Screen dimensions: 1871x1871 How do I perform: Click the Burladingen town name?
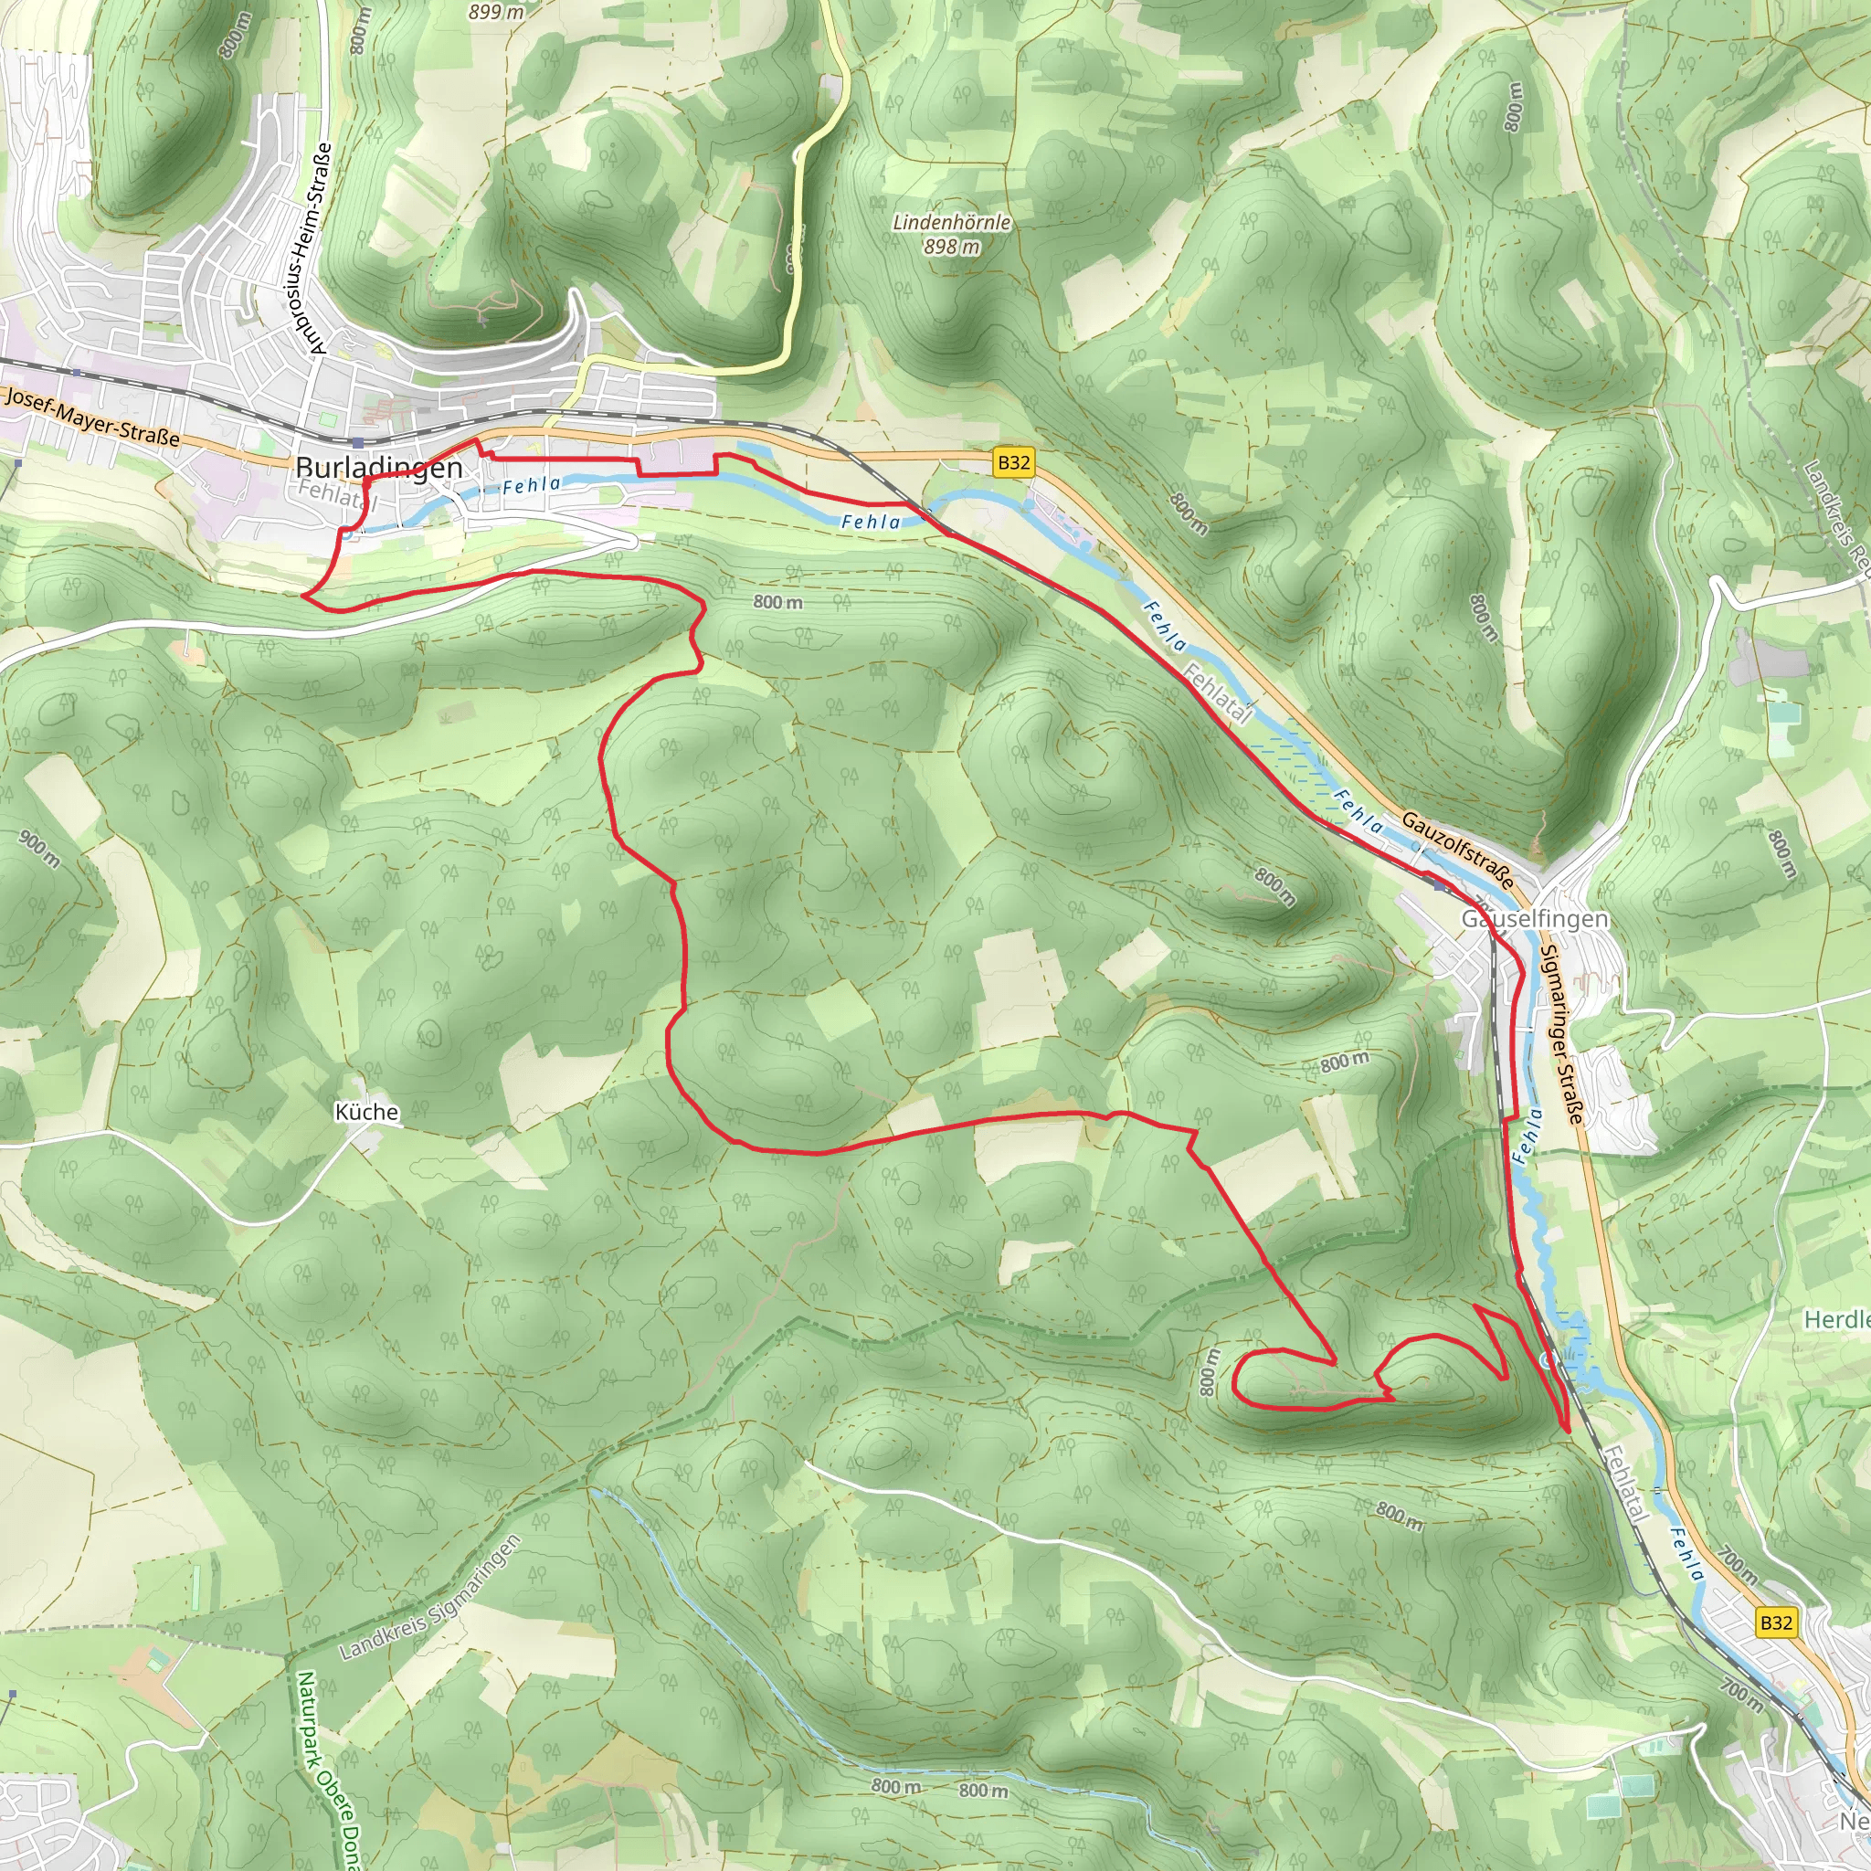378,468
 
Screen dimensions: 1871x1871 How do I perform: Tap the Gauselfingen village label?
1534,918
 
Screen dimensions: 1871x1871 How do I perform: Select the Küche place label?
366,1112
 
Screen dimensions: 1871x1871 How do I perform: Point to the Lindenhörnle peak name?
951,223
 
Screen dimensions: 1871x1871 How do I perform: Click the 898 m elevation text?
951,247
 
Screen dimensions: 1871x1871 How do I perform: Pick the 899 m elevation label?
496,13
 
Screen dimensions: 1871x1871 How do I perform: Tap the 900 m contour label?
39,848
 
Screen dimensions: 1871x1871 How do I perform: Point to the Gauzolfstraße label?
1457,851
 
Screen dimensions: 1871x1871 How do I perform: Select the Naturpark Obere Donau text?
325,1769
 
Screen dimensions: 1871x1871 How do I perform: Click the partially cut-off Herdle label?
1836,1320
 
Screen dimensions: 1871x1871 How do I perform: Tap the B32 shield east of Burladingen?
1013,462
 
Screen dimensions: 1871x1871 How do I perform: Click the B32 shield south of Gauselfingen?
1776,1623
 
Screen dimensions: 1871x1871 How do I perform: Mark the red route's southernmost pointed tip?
1567,1430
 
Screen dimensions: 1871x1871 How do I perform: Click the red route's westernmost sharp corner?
304,597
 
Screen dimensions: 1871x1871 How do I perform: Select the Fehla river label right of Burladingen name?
531,485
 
